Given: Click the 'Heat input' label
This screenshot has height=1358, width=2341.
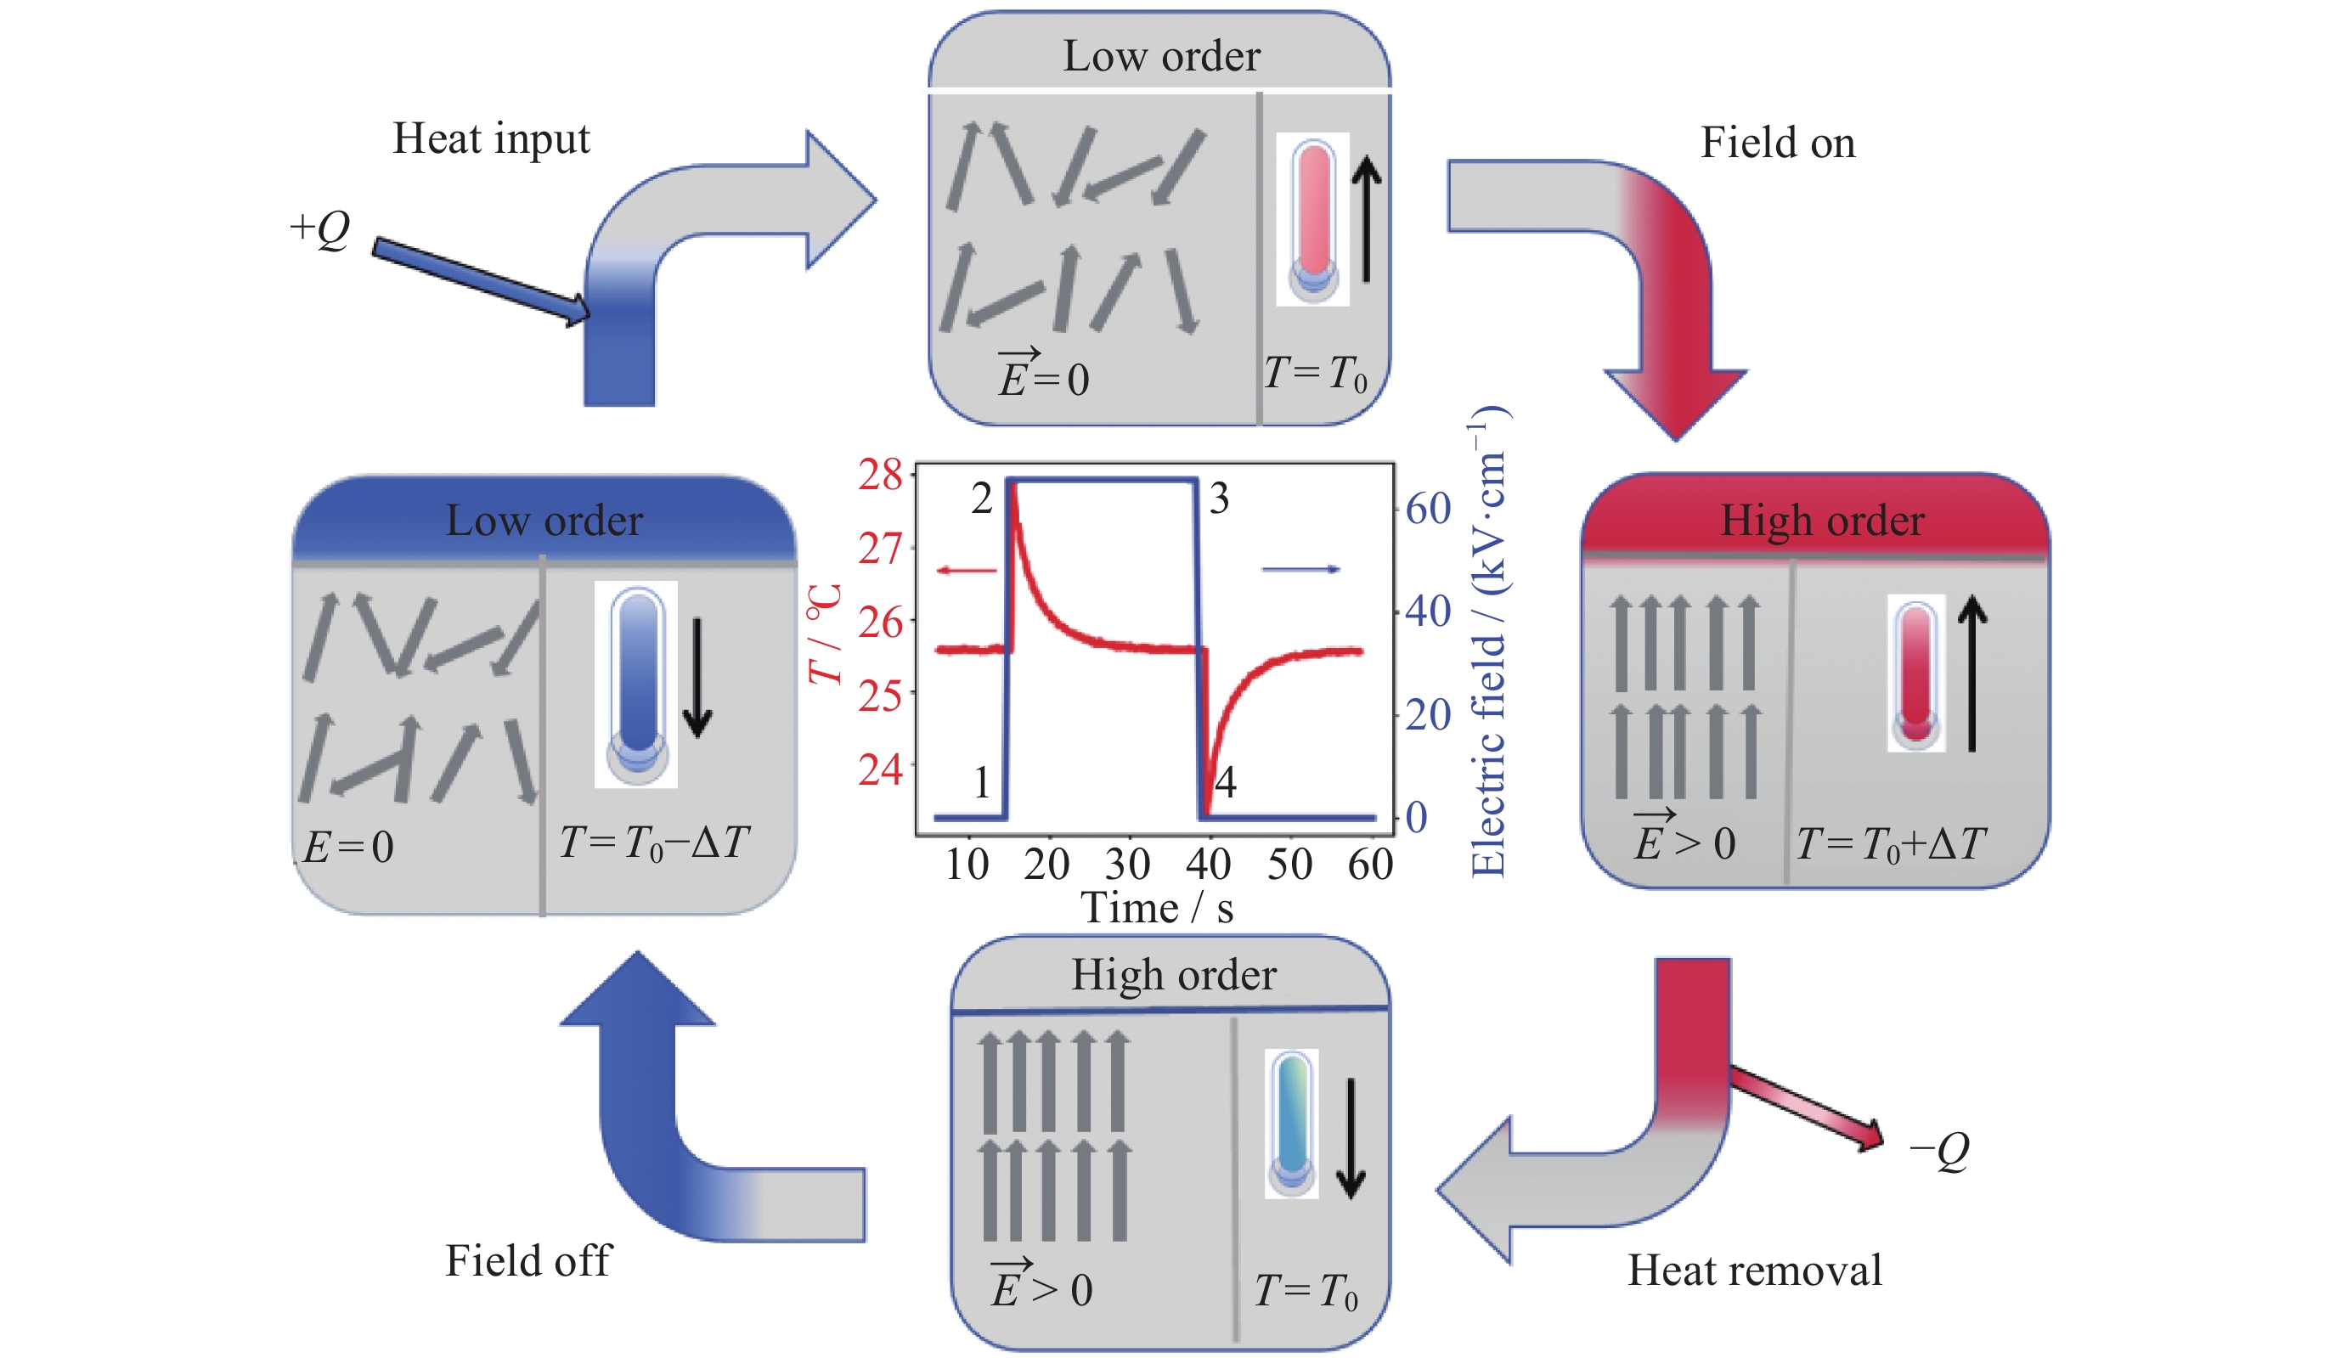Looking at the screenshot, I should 490,139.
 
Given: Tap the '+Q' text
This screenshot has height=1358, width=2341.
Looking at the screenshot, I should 319,228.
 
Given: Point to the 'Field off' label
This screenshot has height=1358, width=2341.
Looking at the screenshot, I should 527,1260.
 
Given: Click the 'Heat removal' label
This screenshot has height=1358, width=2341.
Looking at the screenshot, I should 1754,1270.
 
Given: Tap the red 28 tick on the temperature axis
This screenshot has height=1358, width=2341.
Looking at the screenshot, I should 880,475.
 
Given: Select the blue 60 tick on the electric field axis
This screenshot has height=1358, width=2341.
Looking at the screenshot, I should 1428,509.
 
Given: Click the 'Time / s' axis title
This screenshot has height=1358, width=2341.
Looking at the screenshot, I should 1157,909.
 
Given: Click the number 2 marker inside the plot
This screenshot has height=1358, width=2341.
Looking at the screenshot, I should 982,499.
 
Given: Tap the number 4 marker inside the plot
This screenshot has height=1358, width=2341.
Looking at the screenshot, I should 1227,782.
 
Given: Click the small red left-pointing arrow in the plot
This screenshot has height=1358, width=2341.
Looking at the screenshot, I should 966,571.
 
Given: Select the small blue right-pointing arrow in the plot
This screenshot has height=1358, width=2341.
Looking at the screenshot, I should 1300,569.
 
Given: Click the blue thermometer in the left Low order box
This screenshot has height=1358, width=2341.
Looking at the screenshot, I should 636,685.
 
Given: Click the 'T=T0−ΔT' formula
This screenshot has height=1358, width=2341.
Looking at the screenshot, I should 654,842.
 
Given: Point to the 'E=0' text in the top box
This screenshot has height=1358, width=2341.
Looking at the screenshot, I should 1043,376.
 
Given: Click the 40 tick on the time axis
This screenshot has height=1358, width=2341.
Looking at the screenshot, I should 1208,865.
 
